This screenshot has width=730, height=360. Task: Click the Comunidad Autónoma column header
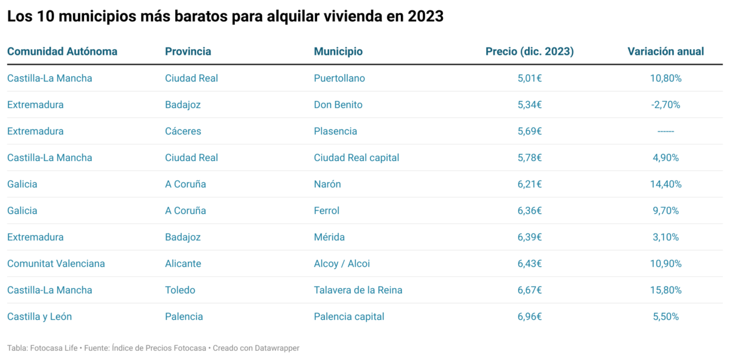62,52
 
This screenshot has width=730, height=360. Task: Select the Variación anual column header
666,52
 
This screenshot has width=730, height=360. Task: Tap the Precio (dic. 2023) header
529,52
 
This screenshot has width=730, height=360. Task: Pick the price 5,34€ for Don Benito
529,105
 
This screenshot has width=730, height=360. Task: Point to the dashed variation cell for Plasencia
666,131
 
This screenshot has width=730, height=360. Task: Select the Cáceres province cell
183,131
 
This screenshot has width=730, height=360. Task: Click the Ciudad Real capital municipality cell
356,157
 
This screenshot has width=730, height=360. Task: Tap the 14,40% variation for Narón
666,184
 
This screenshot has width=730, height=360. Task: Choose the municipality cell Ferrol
327,210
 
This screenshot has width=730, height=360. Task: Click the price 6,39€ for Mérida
529,237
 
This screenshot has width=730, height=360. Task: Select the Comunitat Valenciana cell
56,263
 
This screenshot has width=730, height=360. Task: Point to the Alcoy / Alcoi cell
342,263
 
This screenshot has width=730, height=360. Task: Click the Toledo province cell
181,290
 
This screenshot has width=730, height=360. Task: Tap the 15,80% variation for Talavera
666,290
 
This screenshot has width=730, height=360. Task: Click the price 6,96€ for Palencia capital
529,316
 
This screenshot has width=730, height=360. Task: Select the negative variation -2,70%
666,105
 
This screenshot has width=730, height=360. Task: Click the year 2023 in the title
425,17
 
